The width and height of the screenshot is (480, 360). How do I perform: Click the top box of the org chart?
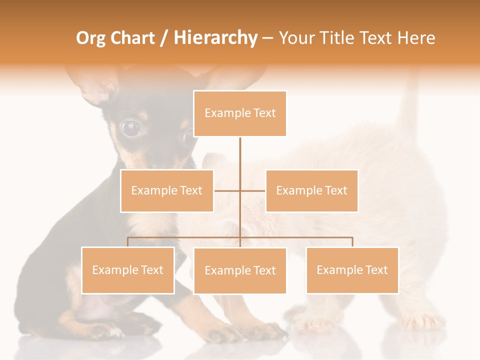[240, 113]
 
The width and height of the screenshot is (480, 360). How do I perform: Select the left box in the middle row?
[167, 190]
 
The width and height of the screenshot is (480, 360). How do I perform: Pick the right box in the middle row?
[311, 190]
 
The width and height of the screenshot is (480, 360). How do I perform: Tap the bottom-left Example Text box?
[128, 270]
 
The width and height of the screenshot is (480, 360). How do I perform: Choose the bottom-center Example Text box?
[240, 270]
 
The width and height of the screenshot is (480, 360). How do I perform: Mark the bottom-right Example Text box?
[352, 270]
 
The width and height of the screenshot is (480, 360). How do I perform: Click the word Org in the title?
[90, 38]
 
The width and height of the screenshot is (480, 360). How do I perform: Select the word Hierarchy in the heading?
[215, 38]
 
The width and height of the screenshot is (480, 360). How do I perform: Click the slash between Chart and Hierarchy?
[164, 38]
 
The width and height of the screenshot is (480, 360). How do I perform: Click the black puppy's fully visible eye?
[130, 128]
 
